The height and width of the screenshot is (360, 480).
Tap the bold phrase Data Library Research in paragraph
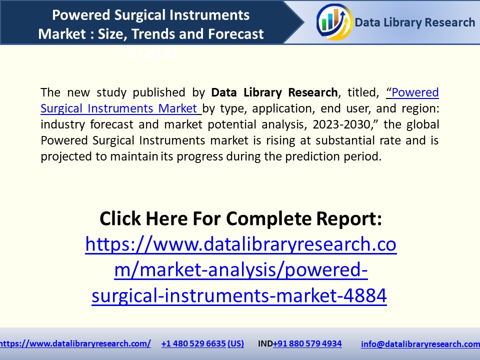274,92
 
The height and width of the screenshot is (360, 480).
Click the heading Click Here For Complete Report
240,218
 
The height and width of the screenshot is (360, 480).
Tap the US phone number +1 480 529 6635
202,343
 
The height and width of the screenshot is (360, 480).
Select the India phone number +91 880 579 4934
307,343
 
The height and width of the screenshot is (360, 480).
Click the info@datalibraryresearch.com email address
420,344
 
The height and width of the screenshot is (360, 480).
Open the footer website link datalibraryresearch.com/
75,343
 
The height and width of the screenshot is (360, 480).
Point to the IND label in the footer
265,343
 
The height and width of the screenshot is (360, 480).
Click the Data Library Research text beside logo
415,22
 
